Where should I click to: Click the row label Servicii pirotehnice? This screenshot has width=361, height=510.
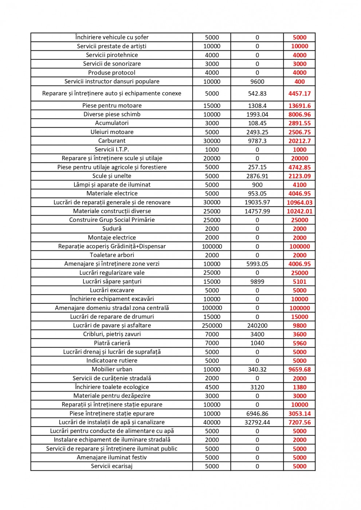pos(112,55)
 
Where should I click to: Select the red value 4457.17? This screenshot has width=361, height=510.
pos(299,94)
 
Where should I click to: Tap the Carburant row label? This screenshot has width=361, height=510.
pos(112,141)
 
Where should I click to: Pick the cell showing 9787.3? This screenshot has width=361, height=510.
pos(257,141)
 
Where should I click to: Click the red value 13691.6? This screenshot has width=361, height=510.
pos(299,106)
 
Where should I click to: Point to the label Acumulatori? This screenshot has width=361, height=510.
pos(112,123)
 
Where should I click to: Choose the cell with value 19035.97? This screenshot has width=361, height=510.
pos(257,203)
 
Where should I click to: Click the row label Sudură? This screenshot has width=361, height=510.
pos(112,229)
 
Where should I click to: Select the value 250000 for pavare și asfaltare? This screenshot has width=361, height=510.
pos(212,326)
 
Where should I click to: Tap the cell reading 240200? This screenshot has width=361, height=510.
pos(257,326)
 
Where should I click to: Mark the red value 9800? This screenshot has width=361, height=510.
pos(299,326)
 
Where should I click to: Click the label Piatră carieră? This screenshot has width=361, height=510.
pos(112,343)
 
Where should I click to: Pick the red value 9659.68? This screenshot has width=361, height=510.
pos(299,369)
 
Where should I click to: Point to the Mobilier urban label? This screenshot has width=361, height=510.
pos(112,369)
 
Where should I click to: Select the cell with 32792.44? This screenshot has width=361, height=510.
pos(257,423)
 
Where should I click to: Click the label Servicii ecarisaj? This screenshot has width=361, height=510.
pos(112,466)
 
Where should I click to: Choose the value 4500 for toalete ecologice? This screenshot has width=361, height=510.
pos(212,387)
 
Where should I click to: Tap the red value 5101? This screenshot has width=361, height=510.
pos(299,282)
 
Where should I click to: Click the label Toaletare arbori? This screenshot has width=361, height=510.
pos(112,255)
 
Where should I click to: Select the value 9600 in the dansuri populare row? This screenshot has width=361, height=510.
pos(257,82)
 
